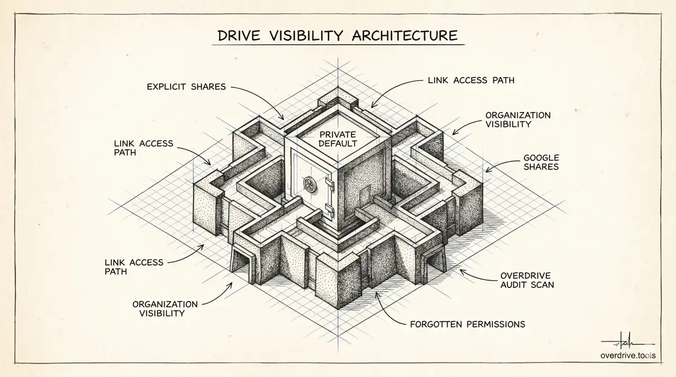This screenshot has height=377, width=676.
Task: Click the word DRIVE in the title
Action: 239,36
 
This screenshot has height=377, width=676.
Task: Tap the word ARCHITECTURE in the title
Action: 404,36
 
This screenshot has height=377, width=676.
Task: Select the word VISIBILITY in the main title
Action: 306,36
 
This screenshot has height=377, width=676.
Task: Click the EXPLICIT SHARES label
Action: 186,87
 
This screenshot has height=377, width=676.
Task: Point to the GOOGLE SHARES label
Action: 541,162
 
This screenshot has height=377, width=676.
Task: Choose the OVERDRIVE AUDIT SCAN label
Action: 527,280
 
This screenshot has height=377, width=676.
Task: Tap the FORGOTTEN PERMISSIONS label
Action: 468,325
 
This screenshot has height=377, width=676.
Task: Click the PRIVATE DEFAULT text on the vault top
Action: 337,139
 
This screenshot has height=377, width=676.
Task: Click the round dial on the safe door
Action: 309,184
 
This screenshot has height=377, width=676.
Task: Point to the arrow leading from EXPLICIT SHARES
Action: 263,96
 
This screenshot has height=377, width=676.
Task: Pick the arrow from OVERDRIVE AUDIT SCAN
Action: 477,277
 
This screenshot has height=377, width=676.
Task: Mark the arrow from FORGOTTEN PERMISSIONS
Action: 387,311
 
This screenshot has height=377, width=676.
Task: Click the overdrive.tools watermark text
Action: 628,356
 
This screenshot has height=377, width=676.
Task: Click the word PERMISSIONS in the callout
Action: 496,325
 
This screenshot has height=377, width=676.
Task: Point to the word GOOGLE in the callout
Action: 541,158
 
